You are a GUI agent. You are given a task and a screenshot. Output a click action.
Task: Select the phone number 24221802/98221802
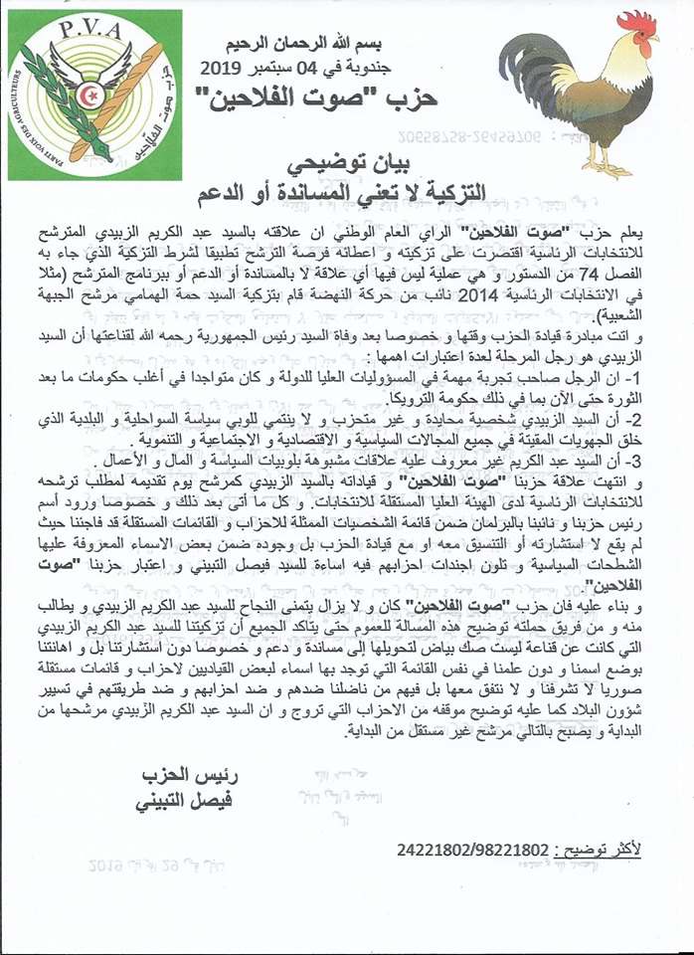pyautogui.click(x=471, y=850)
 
